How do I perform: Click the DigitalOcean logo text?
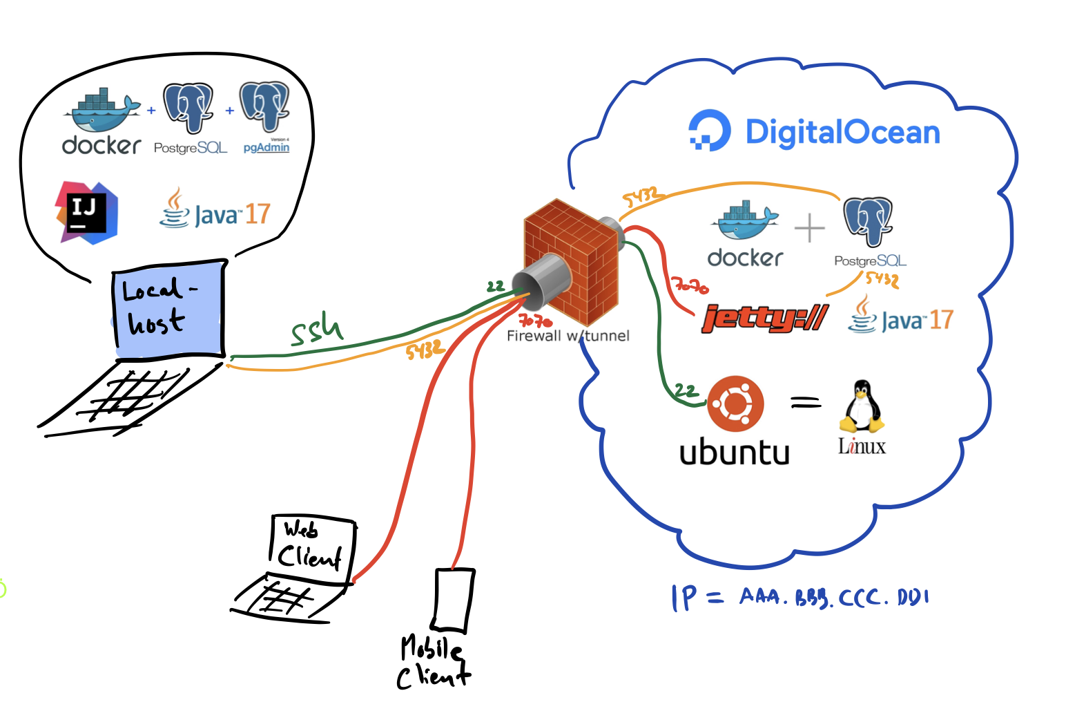coord(842,132)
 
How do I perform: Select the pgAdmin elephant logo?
coord(264,107)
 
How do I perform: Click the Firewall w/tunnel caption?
coord(568,336)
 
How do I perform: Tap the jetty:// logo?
coord(764,319)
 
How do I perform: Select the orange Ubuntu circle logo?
coord(735,404)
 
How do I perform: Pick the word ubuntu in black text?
coord(735,453)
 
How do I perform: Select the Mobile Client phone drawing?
coord(454,599)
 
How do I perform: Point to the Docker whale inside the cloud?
coord(746,220)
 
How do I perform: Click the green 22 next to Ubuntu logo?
coord(686,390)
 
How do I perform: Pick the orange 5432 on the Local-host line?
coord(423,350)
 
